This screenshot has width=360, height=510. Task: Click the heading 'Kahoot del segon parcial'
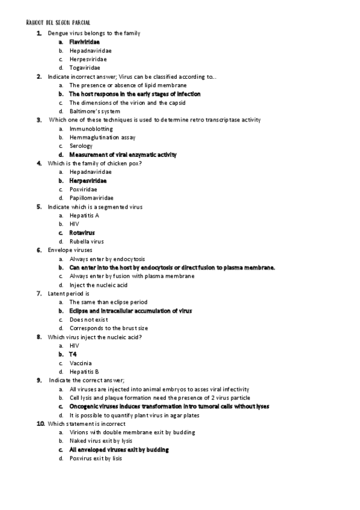click(59, 22)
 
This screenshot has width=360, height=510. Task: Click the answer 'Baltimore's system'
click(94, 111)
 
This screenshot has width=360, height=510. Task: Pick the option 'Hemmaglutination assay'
click(102, 137)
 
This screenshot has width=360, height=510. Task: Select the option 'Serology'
click(81, 146)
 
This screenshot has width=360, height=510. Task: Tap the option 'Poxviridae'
click(84, 189)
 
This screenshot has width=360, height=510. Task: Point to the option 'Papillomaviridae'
click(92, 198)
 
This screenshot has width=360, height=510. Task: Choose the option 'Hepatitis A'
click(84, 215)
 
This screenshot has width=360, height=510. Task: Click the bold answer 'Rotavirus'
click(82, 233)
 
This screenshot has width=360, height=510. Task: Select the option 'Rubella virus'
click(87, 241)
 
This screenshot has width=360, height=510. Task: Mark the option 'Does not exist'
click(89, 319)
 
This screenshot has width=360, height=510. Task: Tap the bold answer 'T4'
click(73, 354)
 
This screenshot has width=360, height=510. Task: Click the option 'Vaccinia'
click(81, 363)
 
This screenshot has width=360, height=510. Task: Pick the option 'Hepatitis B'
click(84, 372)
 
